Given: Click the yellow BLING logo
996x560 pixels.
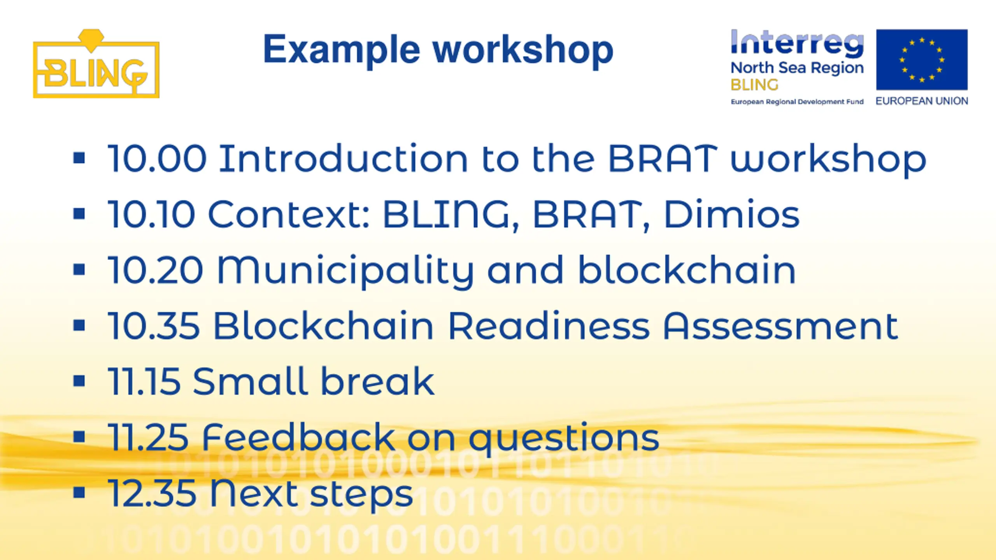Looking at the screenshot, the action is [96, 64].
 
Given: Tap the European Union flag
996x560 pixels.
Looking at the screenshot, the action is [922, 59].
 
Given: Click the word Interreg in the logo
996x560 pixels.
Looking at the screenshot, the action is [797, 43].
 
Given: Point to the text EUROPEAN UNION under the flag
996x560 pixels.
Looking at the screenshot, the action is [922, 101].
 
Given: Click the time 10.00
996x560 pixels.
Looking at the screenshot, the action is [157, 158].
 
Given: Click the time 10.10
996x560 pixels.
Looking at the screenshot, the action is [151, 214].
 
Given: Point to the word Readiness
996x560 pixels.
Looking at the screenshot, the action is [549, 325].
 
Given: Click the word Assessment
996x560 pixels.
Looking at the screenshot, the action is [780, 326].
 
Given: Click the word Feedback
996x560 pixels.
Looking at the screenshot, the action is [298, 437].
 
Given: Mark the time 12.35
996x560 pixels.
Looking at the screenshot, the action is [152, 493].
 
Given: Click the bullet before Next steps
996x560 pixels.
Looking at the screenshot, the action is [79, 492].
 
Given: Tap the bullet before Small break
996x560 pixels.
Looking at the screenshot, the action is [79, 381].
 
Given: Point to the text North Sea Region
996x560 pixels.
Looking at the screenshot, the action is [797, 68].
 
